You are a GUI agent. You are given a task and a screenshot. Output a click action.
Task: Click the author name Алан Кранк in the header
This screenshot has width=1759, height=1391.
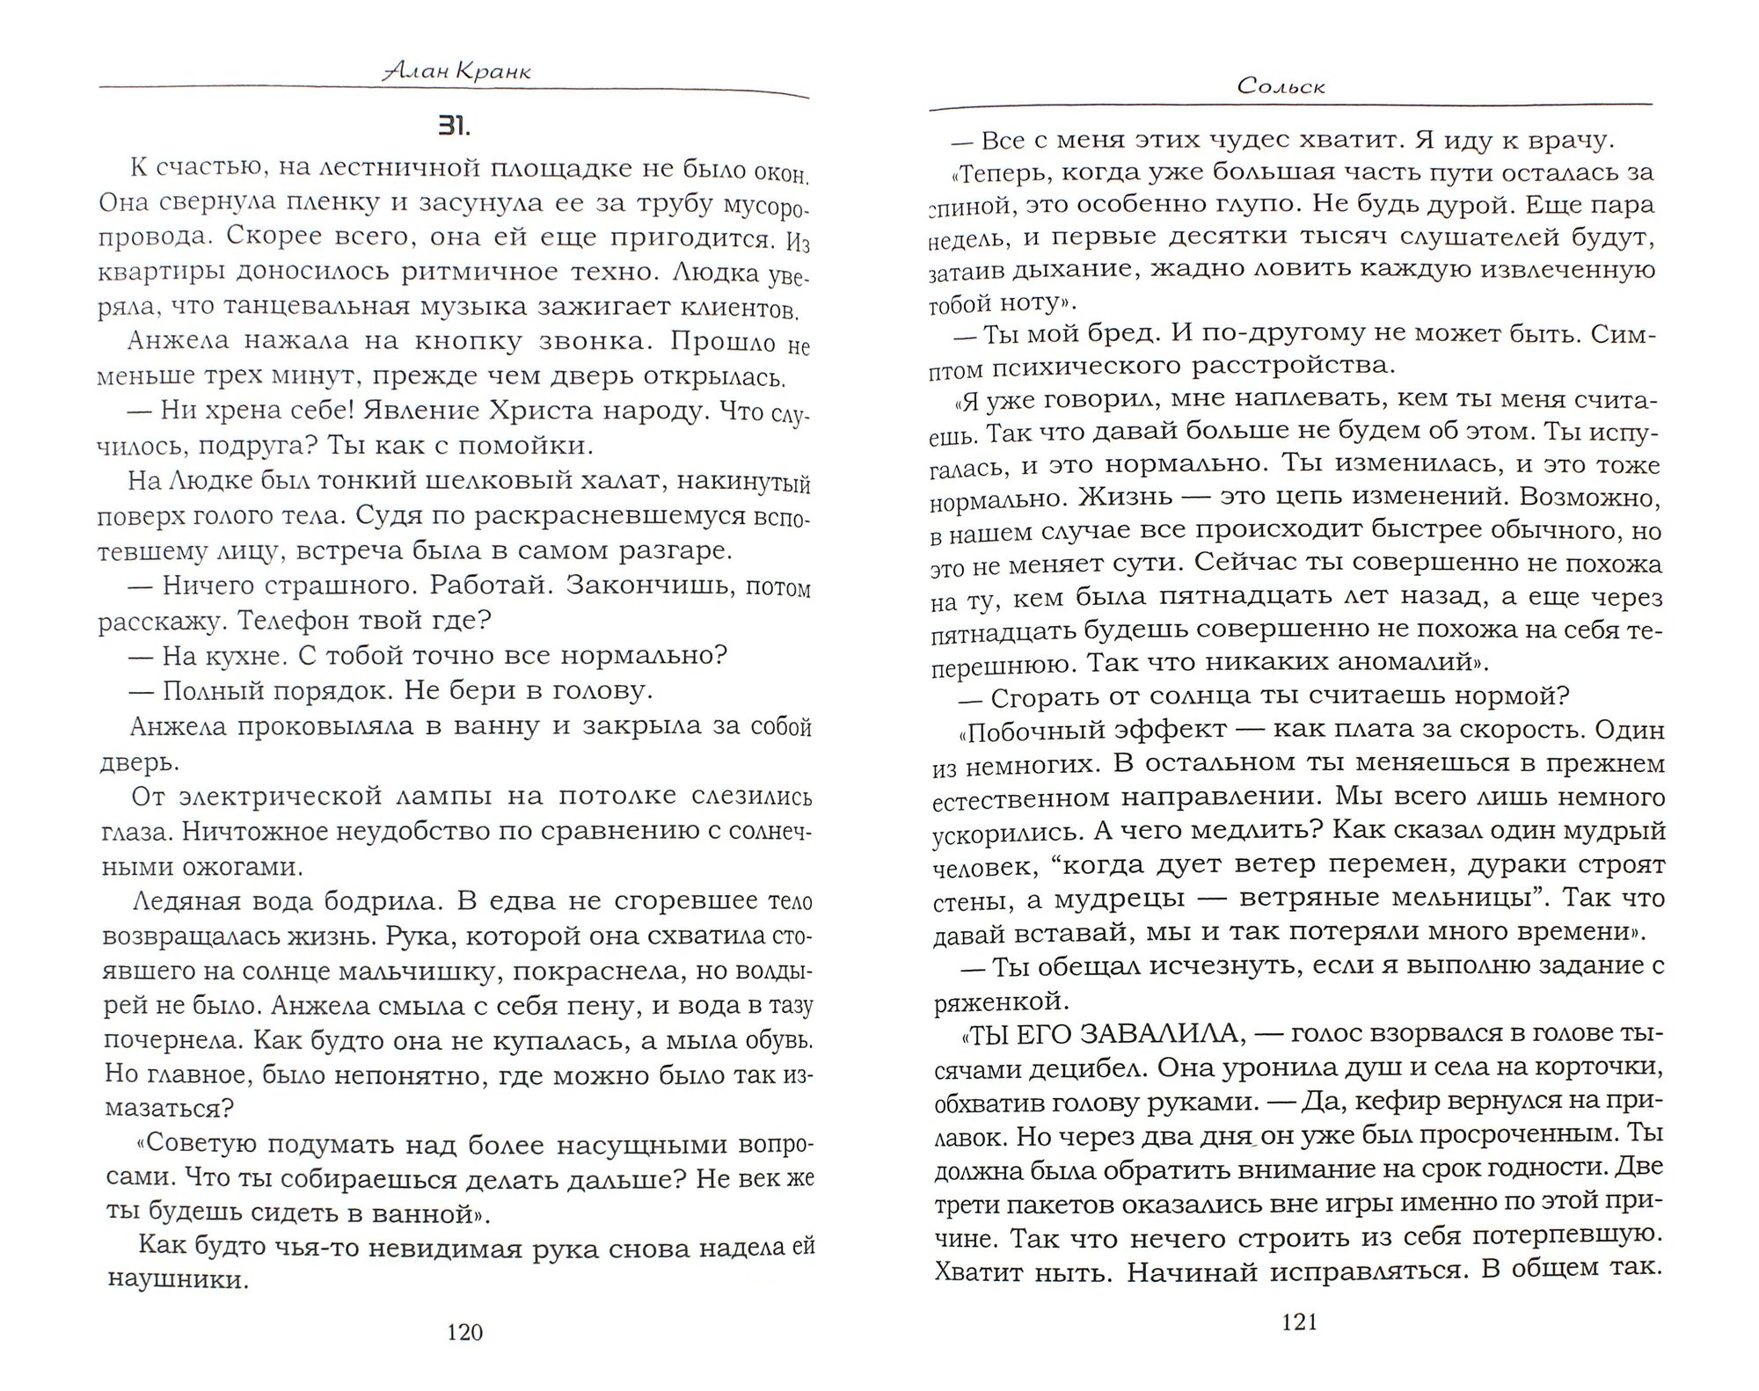coord(457,71)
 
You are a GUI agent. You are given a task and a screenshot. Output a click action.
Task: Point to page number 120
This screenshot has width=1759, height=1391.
coord(465,1333)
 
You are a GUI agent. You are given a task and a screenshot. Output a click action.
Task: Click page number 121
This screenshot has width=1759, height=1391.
coord(1300,1322)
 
